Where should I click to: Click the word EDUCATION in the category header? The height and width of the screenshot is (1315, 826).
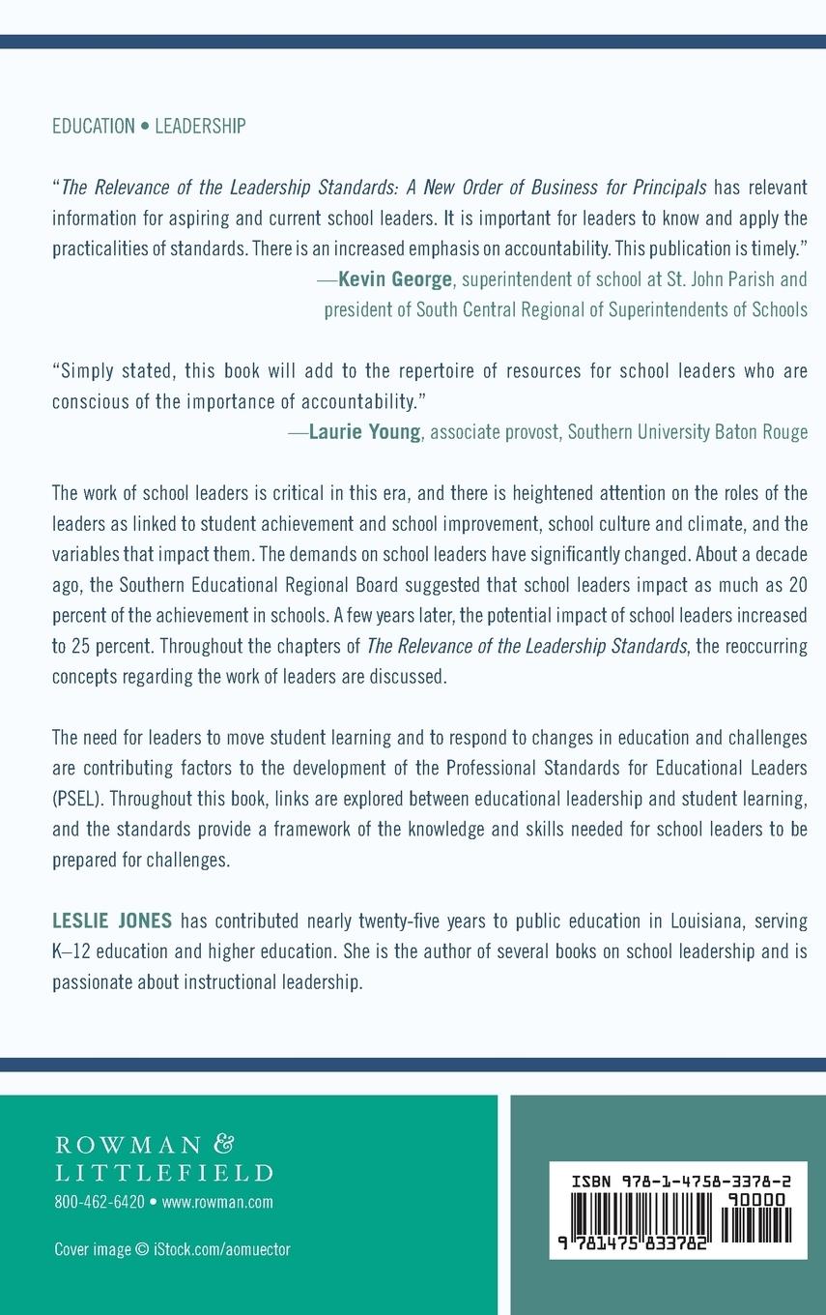[94, 126]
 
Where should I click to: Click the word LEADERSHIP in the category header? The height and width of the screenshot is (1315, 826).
[200, 126]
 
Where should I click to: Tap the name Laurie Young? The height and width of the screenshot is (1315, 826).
[364, 432]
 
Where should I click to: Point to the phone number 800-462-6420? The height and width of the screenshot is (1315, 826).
[99, 1202]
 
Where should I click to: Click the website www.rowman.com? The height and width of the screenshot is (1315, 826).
[217, 1202]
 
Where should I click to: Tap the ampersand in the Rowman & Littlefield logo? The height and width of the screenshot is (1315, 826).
[222, 1144]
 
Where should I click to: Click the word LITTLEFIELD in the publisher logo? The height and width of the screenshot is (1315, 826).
[163, 1173]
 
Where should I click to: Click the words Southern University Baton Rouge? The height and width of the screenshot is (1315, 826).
[687, 432]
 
